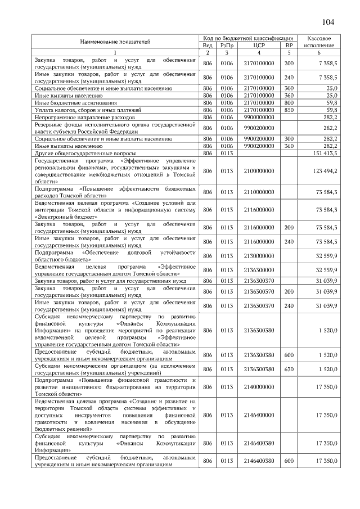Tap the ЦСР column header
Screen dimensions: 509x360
[x=259, y=45]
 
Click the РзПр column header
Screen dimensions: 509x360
[x=227, y=45]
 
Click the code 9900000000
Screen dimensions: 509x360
[x=259, y=118]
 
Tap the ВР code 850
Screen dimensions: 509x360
[x=289, y=110]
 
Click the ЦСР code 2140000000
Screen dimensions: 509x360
[x=259, y=387]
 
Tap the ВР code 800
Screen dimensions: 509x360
[x=289, y=103]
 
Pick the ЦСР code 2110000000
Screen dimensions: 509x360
[x=259, y=192]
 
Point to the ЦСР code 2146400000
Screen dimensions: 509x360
[x=259, y=415]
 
